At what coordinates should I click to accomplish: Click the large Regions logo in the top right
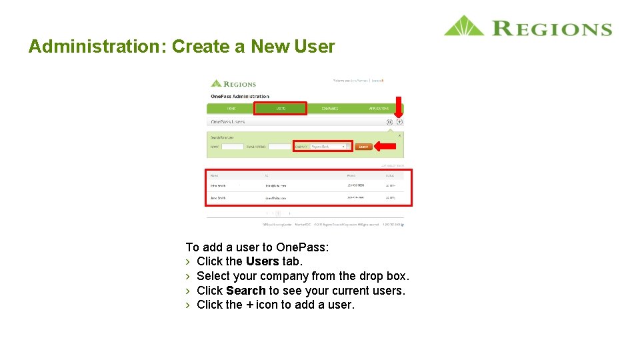527,27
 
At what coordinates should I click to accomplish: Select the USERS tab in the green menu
280,108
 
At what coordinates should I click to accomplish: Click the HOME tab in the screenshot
231,108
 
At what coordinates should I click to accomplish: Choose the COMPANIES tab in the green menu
329,108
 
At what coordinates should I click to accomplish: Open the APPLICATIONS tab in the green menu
379,108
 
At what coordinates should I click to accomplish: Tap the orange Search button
363,147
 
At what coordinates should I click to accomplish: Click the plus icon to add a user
399,122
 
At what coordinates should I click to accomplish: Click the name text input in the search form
233,147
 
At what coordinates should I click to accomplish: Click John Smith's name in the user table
218,185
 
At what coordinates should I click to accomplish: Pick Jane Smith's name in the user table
218,198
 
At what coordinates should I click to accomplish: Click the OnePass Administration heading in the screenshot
240,97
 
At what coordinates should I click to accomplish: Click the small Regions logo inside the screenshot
233,84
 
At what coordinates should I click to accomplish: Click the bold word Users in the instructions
262,261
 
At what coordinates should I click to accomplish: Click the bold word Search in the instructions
245,291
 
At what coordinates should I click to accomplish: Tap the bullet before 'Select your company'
189,276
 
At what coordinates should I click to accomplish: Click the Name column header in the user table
214,175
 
